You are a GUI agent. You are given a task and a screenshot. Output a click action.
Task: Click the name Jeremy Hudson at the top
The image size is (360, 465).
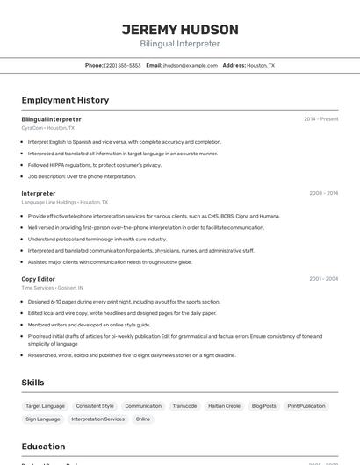coord(179,29)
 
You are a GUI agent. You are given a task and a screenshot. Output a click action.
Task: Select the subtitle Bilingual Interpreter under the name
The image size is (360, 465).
coord(179,44)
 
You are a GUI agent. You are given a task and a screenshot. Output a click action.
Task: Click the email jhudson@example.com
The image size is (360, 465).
coord(190,65)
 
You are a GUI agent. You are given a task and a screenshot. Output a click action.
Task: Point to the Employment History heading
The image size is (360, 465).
coord(65,100)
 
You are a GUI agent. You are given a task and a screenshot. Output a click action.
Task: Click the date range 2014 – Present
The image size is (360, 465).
coord(320,119)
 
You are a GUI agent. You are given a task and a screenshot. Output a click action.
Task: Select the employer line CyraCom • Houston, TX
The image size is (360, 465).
coord(47,128)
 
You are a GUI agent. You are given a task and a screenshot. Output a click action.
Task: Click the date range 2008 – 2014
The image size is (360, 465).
coord(323,193)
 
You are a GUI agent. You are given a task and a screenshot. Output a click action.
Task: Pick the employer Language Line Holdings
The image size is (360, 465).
coord(49,202)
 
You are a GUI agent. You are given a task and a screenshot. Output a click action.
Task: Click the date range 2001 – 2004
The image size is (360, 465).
coord(323,279)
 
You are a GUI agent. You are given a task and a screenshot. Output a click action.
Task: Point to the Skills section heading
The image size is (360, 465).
coord(32,383)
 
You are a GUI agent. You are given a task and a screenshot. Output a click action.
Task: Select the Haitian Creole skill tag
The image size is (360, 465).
coord(224,406)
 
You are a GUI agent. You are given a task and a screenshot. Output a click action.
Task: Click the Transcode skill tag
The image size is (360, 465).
coord(184,406)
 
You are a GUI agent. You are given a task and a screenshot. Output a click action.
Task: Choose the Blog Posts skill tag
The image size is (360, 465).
coord(263,406)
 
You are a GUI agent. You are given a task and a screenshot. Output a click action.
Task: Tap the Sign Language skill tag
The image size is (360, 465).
coord(43,419)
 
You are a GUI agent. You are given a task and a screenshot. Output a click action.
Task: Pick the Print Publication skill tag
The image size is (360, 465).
coord(306,406)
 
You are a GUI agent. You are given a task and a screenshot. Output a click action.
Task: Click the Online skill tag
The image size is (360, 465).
coord(142,419)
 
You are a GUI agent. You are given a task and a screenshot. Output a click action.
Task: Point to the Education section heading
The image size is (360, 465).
coord(43,447)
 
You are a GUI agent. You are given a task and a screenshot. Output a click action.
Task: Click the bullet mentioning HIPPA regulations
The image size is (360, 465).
coord(94,165)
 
